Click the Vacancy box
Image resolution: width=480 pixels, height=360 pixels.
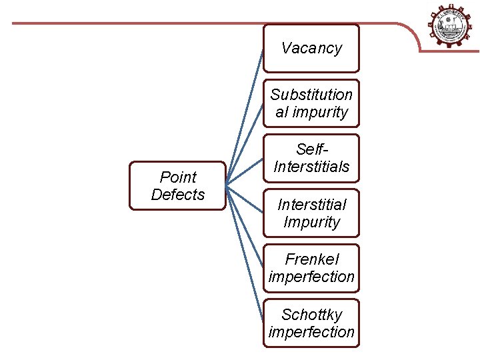tap(311, 48)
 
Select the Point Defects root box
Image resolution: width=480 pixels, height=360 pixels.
tap(177, 186)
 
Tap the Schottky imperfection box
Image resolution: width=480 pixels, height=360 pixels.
tap(311, 323)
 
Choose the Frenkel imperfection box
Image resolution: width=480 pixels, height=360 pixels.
tap(311, 268)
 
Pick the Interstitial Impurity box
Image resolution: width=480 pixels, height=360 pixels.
tap(311, 213)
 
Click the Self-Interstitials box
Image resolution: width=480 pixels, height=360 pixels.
tap(311, 158)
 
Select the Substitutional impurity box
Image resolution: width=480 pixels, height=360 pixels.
tap(311, 103)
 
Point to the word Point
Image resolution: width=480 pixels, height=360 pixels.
tap(178, 177)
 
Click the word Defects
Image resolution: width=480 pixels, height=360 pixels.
tap(178, 195)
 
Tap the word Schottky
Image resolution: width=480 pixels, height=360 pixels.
tap(311, 315)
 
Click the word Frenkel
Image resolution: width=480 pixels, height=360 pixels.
tap(311, 259)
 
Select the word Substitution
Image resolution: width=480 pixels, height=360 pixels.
tap(311, 95)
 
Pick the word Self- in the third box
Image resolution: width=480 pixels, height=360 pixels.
tap(311, 149)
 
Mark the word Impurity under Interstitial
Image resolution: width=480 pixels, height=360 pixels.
tap(311, 222)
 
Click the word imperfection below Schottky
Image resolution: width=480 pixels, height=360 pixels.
tap(311, 332)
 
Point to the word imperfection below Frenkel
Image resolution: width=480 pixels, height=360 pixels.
tap(311, 277)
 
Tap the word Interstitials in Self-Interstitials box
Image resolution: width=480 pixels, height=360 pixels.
tap(311, 167)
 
